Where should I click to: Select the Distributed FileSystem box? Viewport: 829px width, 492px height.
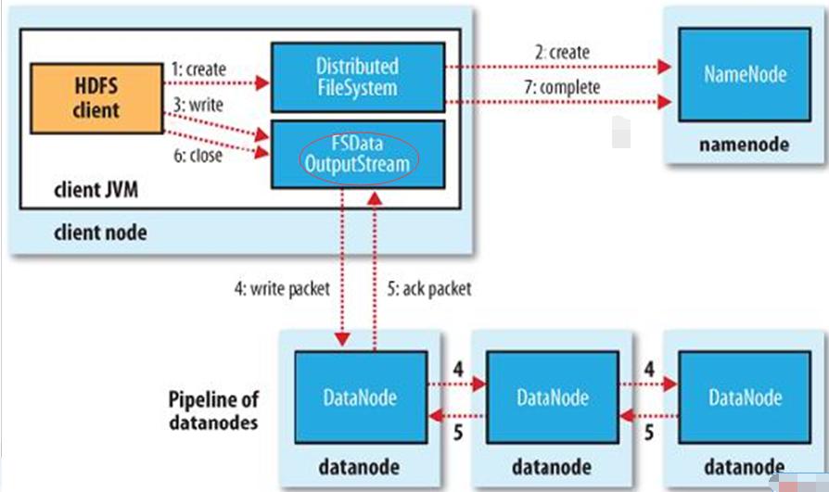[357, 78]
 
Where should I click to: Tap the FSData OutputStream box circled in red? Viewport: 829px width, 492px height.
[357, 156]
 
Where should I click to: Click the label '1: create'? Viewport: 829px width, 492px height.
[198, 69]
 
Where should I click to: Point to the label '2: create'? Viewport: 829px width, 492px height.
[561, 52]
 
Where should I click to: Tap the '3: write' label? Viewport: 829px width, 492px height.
[196, 105]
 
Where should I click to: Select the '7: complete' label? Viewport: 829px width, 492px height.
[567, 87]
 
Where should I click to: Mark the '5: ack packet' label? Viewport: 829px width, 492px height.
[427, 288]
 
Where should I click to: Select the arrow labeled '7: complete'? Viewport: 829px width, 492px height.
[556, 102]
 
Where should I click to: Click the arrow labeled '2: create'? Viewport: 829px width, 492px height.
[556, 67]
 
